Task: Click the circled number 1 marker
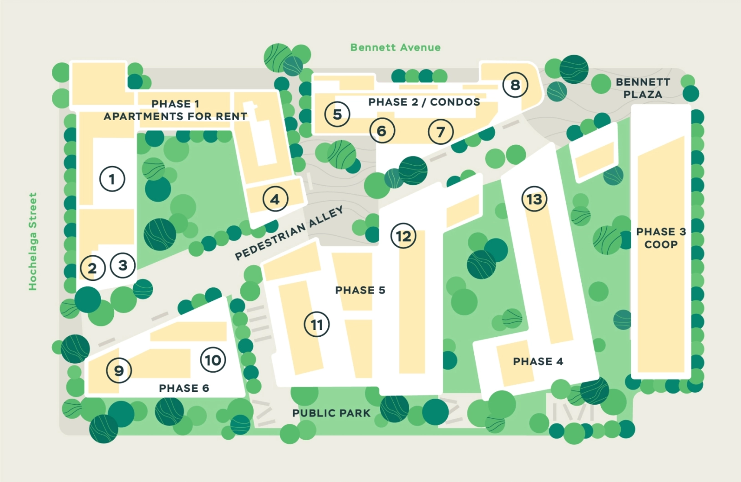click(112, 179)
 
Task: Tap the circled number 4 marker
click(275, 199)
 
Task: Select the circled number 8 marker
click(515, 85)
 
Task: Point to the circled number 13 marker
click(534, 199)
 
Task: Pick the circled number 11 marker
click(316, 325)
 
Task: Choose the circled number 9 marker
click(119, 370)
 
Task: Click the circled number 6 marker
click(381, 131)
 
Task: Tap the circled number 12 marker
click(403, 236)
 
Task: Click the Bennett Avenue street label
click(395, 47)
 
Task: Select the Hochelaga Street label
click(32, 241)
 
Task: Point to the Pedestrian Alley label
click(289, 233)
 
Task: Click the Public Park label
click(331, 413)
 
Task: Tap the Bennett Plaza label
click(642, 88)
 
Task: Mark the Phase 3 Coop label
click(660, 238)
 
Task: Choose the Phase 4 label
click(538, 361)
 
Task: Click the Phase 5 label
click(360, 290)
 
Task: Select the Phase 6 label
click(184, 388)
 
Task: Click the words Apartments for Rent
click(175, 117)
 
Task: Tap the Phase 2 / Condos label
click(424, 102)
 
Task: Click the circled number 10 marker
click(213, 360)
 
